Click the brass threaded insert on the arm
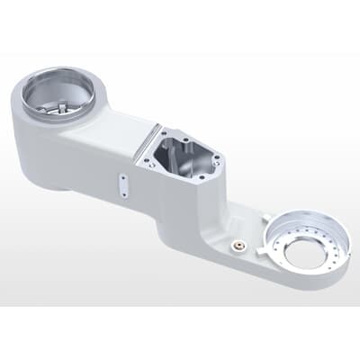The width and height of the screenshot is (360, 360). click(x=237, y=243)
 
